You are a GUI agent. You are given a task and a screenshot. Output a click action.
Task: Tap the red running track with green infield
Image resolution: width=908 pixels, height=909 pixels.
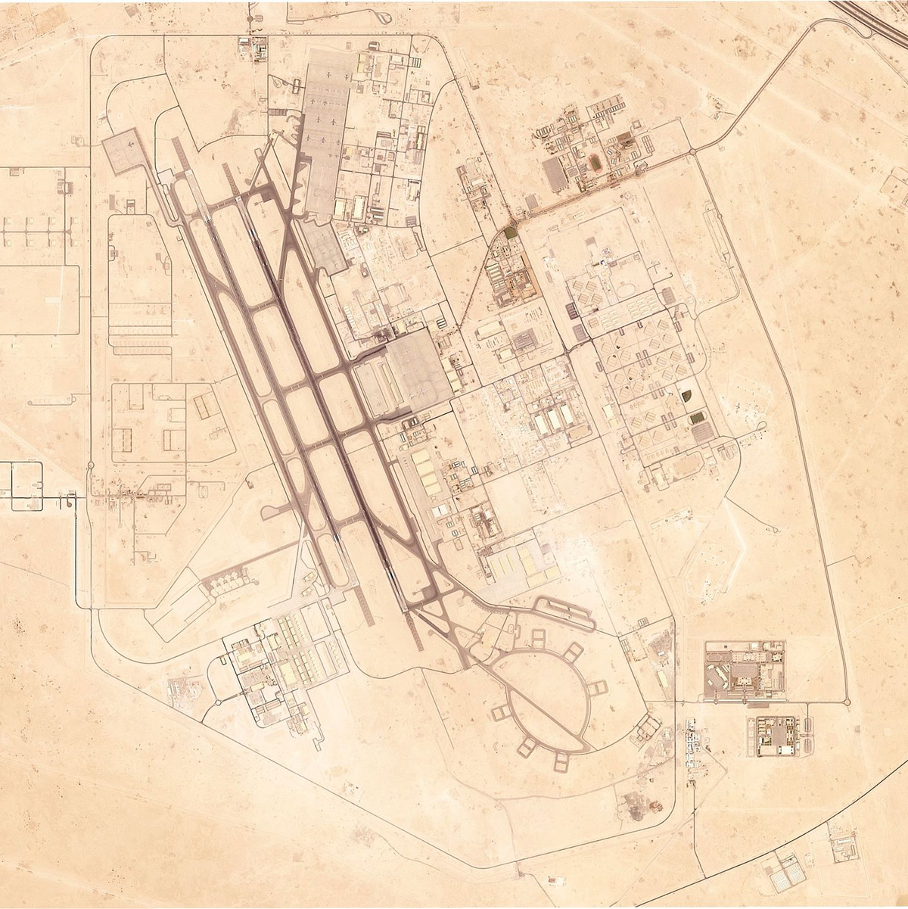pyautogui.click(x=597, y=162)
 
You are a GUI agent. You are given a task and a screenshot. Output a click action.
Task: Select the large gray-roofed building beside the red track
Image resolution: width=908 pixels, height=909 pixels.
pyautogui.click(x=556, y=173)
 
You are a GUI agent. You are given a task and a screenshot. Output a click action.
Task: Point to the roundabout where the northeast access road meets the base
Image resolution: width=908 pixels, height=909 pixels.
pyautogui.click(x=691, y=153)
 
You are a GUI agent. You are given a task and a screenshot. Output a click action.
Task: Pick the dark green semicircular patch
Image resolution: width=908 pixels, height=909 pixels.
pyautogui.click(x=686, y=396)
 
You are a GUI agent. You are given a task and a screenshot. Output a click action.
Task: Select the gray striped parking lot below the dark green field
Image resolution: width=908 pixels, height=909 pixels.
pyautogui.click(x=702, y=433)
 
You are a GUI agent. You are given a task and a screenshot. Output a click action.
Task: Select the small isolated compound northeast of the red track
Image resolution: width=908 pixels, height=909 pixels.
pyautogui.click(x=717, y=105)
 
